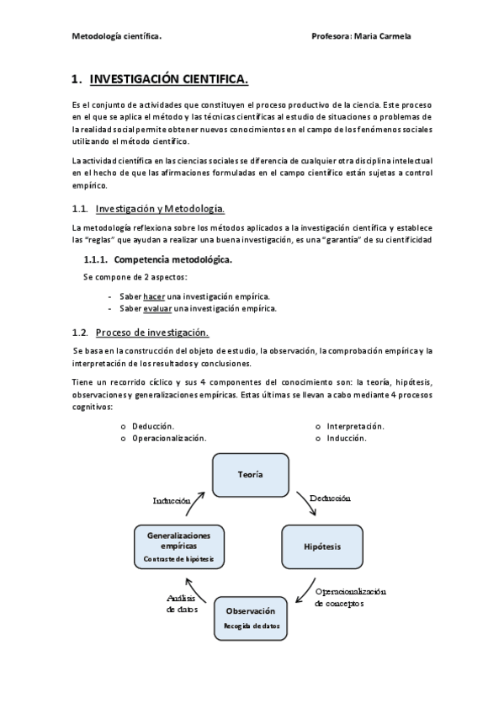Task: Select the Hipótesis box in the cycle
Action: coord(322,546)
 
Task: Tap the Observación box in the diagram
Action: coord(250,616)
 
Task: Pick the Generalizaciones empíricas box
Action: coord(178,546)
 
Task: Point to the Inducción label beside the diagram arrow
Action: coord(172,500)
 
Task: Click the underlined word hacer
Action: coord(154,296)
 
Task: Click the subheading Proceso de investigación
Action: coord(152,333)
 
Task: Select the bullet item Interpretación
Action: coord(355,426)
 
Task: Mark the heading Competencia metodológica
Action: coord(172,259)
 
